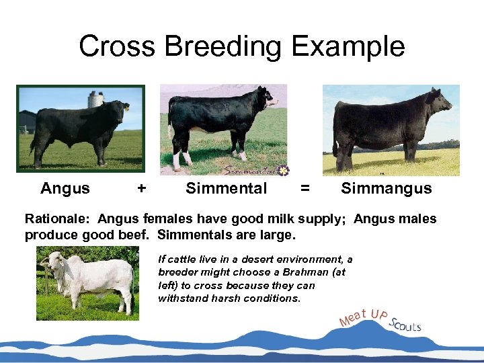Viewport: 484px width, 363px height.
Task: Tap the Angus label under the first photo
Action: pyautogui.click(x=65, y=189)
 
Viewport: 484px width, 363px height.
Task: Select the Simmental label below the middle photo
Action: pyautogui.click(x=227, y=189)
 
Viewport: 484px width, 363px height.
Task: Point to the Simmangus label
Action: pyautogui.click(x=386, y=189)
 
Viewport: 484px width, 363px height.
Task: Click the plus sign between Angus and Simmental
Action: pyautogui.click(x=141, y=189)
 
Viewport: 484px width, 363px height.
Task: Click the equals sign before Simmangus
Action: pyautogui.click(x=305, y=189)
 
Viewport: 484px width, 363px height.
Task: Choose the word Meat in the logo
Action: pyautogui.click(x=354, y=316)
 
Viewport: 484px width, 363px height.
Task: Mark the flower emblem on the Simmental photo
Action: pyautogui.click(x=283, y=171)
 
